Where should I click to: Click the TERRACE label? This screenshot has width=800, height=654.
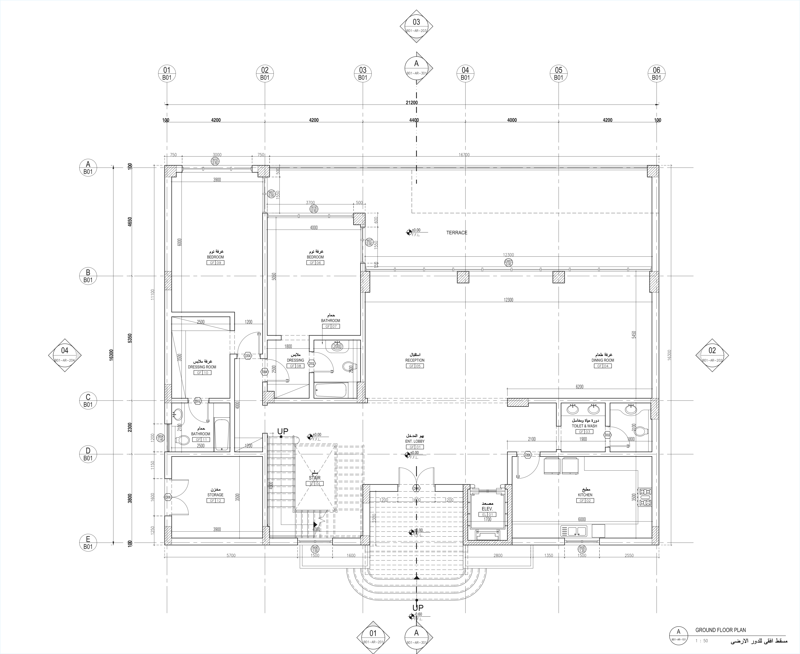click(457, 233)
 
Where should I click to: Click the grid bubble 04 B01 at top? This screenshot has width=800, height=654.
click(465, 73)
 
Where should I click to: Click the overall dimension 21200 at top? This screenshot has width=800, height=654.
click(411, 103)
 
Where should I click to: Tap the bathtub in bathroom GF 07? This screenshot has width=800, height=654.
click(330, 390)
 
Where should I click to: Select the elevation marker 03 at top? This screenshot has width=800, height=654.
click(416, 26)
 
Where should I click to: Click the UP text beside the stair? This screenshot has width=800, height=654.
click(283, 431)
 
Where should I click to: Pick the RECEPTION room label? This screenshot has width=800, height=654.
click(415, 360)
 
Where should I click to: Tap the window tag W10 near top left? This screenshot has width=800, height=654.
click(215, 161)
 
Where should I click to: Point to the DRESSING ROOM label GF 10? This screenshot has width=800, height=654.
click(202, 367)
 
